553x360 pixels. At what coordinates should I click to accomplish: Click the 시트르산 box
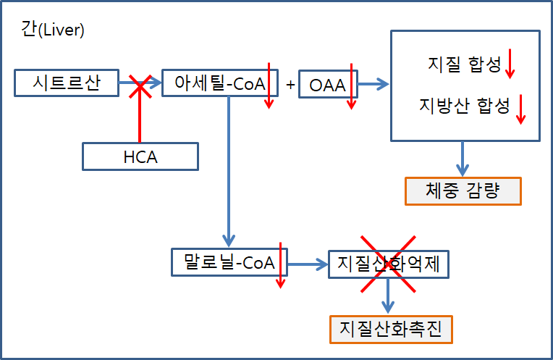point(66,83)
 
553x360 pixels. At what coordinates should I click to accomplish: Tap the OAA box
point(328,85)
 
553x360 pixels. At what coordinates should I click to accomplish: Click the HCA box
point(140,156)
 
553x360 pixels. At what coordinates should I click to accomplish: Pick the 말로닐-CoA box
point(229,262)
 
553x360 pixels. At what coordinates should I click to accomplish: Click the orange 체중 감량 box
point(462,191)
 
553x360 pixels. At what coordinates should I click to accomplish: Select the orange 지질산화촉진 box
point(391,330)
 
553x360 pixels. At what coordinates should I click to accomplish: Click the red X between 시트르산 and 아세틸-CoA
point(139,86)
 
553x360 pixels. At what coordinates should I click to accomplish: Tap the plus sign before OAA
point(290,85)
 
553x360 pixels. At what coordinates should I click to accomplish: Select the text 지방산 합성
point(464,105)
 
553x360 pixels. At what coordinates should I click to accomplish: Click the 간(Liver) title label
point(53,30)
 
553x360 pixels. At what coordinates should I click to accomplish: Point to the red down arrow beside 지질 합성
point(510,64)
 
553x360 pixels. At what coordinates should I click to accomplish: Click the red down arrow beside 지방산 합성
point(520,109)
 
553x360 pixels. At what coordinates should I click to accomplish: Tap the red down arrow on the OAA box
point(352,86)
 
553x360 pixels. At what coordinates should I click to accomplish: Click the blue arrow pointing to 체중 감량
point(463,158)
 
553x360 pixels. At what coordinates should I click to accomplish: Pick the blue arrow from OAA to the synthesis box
point(373,85)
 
